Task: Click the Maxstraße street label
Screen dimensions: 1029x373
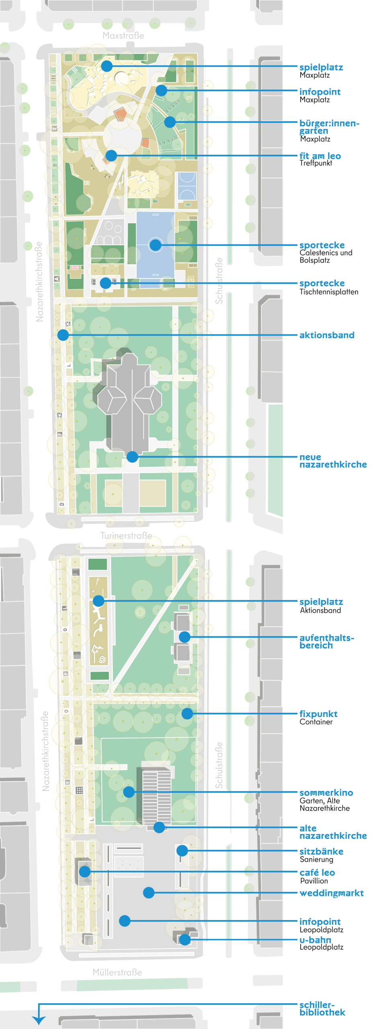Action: [123, 36]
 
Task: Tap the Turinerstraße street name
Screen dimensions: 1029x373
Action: [126, 535]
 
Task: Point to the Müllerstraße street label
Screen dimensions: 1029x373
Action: [117, 972]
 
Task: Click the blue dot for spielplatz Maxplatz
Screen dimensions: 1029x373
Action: [107, 66]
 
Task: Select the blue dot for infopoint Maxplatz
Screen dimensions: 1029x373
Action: [161, 90]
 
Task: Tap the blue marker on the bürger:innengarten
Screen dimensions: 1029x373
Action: [170, 122]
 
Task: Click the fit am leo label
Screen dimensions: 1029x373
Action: [320, 156]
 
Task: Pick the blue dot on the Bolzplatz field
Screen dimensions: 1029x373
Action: [155, 245]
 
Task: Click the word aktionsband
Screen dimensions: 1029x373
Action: [326, 335]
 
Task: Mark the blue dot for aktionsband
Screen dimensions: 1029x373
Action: [63, 335]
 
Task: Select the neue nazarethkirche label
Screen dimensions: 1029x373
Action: [333, 461]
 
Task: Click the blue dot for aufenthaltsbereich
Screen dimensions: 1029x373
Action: [184, 637]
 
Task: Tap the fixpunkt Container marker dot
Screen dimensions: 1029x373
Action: [187, 713]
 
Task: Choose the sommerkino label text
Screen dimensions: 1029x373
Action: [326, 793]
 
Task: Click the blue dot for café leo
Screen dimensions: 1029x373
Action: [85, 871]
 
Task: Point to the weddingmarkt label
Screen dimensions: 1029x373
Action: [331, 893]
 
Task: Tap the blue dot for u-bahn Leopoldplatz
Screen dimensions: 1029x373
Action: [184, 939]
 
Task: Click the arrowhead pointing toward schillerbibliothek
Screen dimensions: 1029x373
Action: [39, 1020]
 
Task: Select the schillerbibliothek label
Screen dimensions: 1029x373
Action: [322, 1009]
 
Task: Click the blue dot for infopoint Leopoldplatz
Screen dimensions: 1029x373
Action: [125, 920]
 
